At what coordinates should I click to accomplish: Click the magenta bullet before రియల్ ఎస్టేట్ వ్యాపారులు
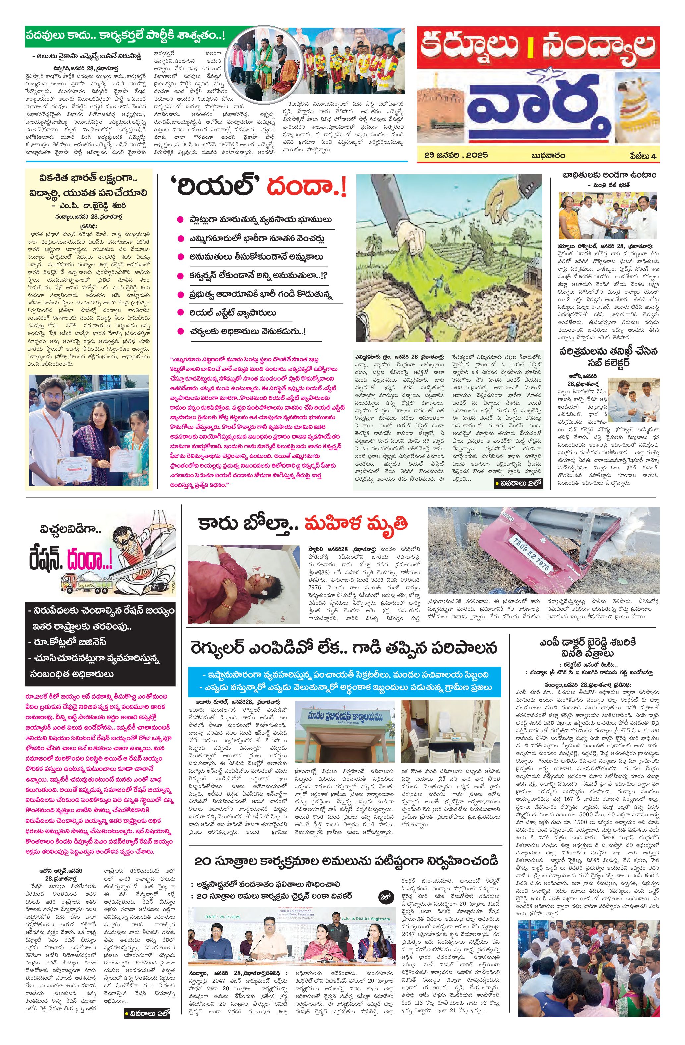pos(180,313)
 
